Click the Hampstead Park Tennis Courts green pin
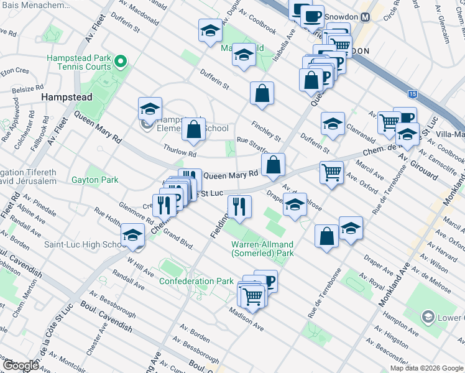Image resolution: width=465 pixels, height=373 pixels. (x=121, y=62)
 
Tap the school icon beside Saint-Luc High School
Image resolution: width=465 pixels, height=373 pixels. (x=132, y=235)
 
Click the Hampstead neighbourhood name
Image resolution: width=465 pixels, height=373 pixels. (x=67, y=97)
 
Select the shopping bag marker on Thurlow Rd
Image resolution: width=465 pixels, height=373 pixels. (x=194, y=129)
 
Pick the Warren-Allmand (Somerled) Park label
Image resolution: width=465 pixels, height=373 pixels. (x=262, y=249)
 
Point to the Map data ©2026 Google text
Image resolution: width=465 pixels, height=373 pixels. (x=426, y=368)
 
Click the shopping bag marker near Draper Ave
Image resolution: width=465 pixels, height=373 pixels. (x=326, y=236)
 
